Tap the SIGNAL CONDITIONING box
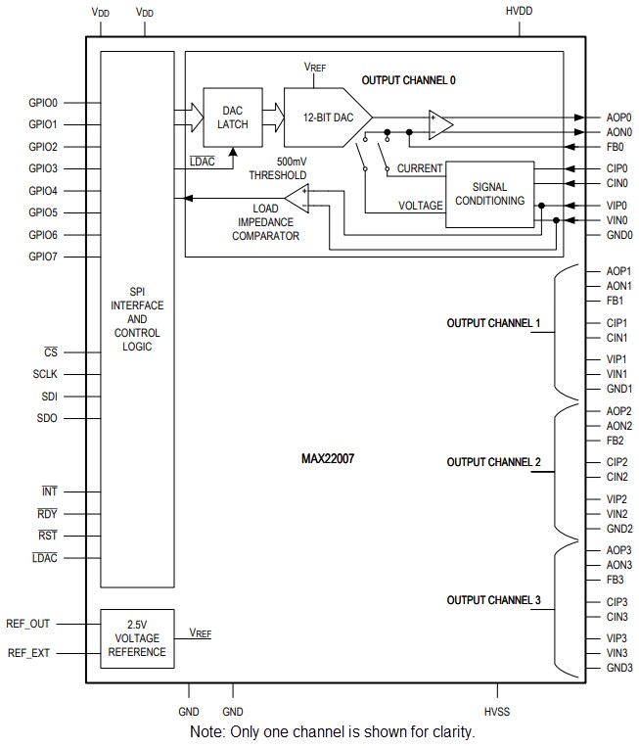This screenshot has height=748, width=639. [490, 194]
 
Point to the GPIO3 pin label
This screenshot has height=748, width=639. [43, 168]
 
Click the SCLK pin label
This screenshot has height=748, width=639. [46, 374]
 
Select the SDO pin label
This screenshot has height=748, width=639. [46, 419]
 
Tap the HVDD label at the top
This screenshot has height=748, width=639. [520, 12]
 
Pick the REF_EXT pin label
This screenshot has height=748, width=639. [29, 652]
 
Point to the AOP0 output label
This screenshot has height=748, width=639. [618, 117]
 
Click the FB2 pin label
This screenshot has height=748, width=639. [615, 441]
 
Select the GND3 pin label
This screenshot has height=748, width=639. [618, 668]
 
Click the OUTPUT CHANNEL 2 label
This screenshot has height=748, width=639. [493, 462]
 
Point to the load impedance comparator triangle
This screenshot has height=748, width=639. [297, 199]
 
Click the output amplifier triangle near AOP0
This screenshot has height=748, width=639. [441, 124]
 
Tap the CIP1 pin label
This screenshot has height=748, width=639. [617, 322]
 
